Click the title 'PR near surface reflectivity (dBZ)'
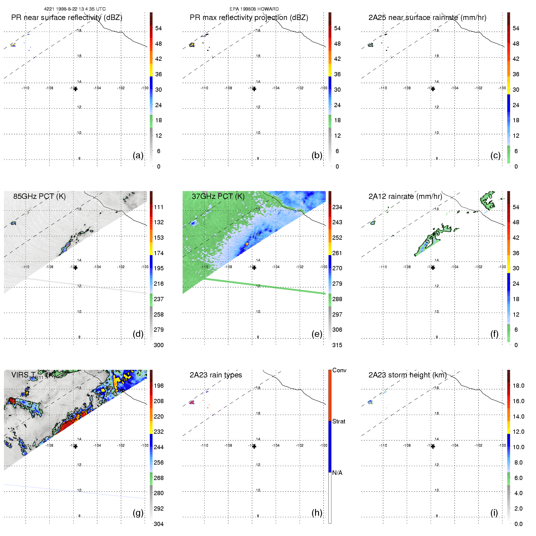[x=67, y=18]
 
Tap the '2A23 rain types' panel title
[x=216, y=375]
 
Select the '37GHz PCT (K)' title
[x=218, y=196]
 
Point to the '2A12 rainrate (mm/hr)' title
[x=405, y=196]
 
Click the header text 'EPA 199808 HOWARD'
[x=254, y=9]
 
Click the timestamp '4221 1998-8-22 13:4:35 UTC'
[x=75, y=9]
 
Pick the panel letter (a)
[x=138, y=155]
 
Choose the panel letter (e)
[x=317, y=334]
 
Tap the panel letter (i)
[x=494, y=513]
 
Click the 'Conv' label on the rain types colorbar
[x=339, y=370]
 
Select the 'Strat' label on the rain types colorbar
[x=339, y=421]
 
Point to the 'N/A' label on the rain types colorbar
[x=337, y=473]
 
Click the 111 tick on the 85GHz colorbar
[x=159, y=207]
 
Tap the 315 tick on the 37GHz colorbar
[x=337, y=345]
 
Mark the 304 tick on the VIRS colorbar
[x=159, y=524]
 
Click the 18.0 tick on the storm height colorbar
[x=518, y=386]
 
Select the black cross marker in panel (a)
[x=75, y=89]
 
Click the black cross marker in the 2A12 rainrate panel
[x=433, y=268]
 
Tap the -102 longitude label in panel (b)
[x=300, y=88]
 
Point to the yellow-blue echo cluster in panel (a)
[x=13, y=45]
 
